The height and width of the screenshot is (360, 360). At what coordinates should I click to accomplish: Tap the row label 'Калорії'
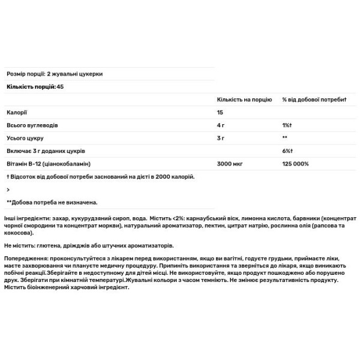tap(17, 112)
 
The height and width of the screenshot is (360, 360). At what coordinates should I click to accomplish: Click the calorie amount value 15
tap(220, 112)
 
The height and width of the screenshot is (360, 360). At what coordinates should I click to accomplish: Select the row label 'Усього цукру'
tap(25, 138)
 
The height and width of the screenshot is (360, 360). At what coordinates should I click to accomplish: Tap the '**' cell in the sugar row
tap(285, 138)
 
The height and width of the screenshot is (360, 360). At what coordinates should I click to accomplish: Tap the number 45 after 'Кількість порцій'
tap(60, 87)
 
